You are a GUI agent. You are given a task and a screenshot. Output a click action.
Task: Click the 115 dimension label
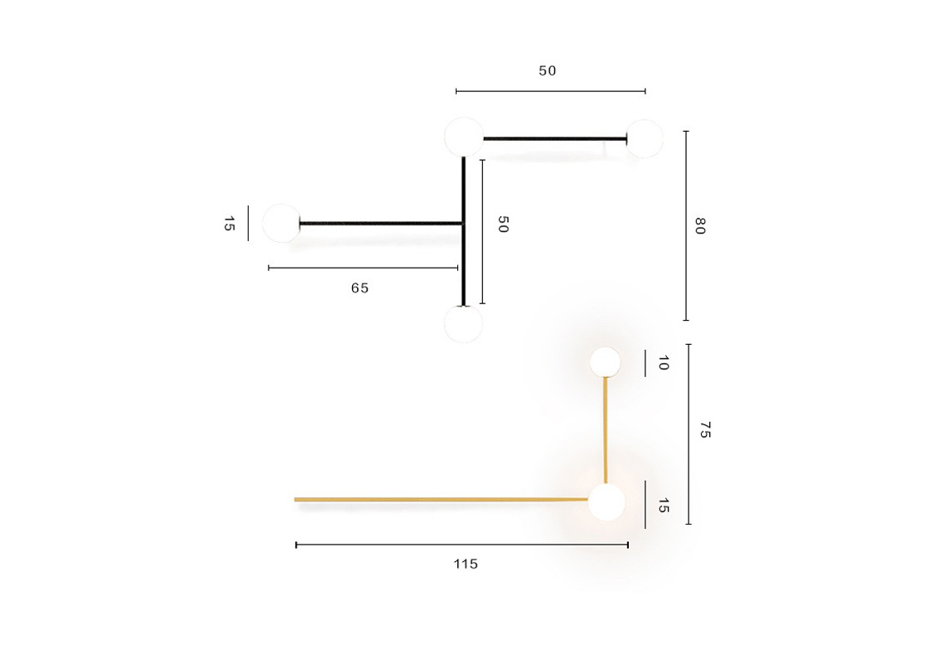point(466,564)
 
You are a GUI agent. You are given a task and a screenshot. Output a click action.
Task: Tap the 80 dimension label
point(700,226)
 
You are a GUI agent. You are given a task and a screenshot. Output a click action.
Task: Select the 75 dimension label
point(705,430)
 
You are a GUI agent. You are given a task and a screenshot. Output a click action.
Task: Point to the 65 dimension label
point(360,288)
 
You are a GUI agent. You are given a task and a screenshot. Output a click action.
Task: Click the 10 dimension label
point(663,363)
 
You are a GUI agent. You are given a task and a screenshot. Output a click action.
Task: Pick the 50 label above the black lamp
point(547,70)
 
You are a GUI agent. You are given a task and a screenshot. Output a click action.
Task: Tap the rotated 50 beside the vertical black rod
point(503,225)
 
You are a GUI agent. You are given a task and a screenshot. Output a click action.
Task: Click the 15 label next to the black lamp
point(229,224)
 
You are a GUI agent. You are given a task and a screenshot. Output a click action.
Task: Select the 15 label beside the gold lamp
point(663,506)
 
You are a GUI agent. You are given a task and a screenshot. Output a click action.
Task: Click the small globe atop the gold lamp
point(605,362)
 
